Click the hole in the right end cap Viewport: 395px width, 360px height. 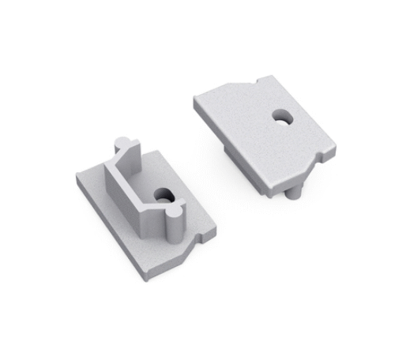click(x=282, y=118)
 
